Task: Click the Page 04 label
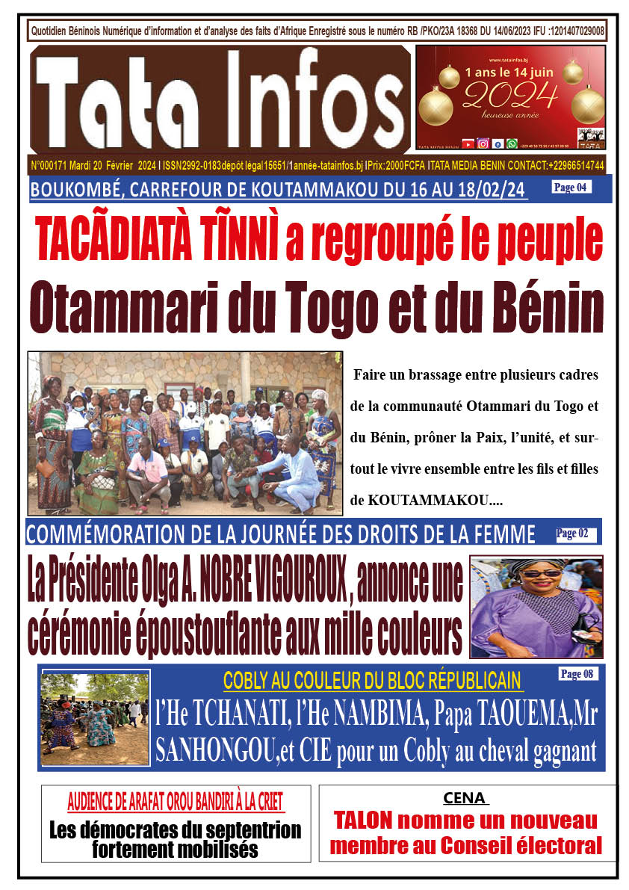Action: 571,188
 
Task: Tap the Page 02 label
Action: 576,534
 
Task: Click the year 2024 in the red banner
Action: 510,95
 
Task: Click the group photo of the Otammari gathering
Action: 185,433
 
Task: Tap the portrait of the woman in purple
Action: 536,606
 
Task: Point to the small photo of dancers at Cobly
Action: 96,717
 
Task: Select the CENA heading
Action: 467,798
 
